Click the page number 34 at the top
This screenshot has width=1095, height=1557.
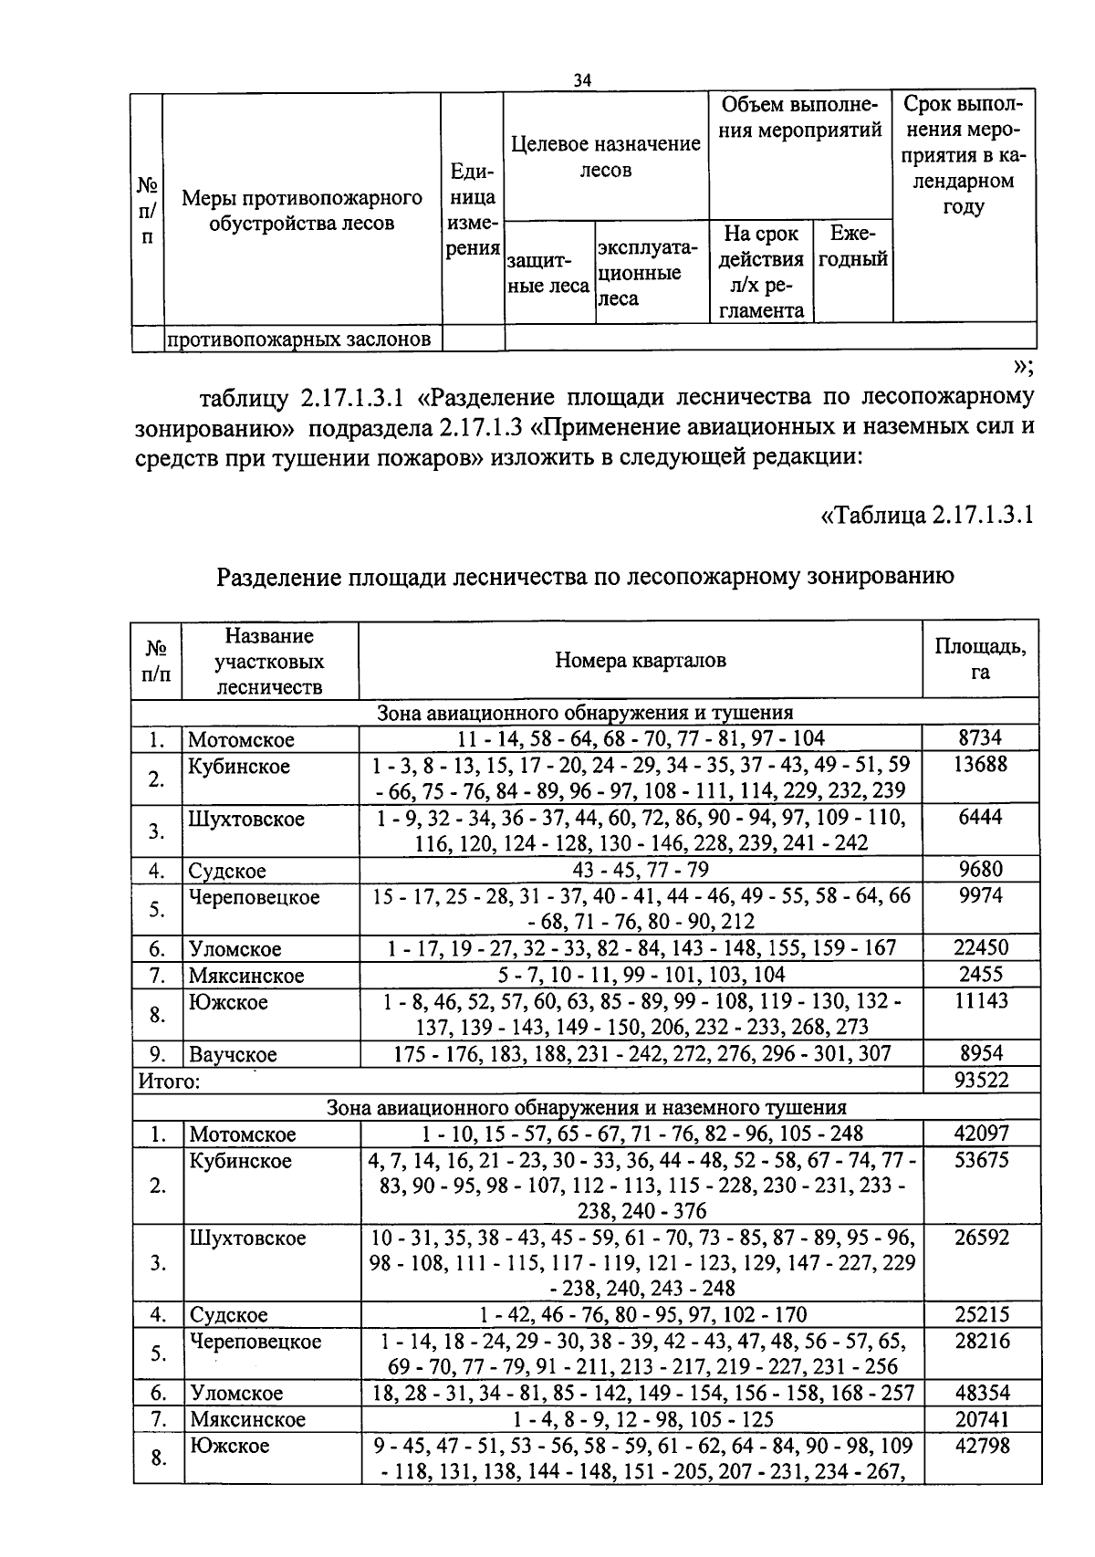(x=582, y=81)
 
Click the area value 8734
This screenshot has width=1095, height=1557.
(x=980, y=738)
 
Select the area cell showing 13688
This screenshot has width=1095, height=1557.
(x=980, y=765)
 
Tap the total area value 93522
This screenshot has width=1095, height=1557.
(x=980, y=1082)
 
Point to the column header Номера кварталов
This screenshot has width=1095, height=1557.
(x=641, y=661)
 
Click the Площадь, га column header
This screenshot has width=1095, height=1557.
(x=980, y=660)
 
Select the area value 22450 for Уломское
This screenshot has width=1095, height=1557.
(x=980, y=948)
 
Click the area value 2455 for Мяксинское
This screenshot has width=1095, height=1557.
(x=980, y=975)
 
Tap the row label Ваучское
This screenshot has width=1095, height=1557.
(x=233, y=1055)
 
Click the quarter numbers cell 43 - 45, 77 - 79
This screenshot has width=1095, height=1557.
(x=640, y=870)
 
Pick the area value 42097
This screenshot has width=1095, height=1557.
(x=980, y=1134)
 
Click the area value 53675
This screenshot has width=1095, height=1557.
(x=980, y=1160)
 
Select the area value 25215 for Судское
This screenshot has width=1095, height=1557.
(x=980, y=1314)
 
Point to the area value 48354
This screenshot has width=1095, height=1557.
(x=980, y=1393)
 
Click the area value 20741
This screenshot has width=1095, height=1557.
(x=980, y=1419)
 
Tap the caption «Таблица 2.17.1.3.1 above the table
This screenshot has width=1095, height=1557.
(x=927, y=515)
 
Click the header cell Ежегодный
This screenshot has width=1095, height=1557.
(x=853, y=247)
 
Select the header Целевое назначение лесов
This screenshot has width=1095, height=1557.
(x=606, y=156)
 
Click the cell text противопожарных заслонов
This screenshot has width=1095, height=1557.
(x=298, y=340)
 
